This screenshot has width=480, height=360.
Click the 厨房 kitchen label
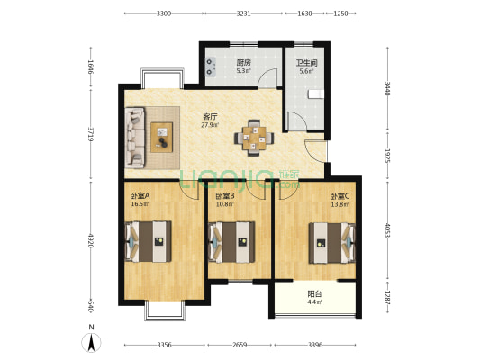coord(244,63)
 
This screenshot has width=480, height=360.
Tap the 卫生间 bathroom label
coord(306,63)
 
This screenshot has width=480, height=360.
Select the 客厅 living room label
coord(210,117)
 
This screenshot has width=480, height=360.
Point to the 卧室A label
coord(140,195)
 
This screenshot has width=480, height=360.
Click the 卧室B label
coord(225,195)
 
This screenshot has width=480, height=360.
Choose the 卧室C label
coord(340,195)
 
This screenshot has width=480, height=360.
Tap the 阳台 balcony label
coord(314,294)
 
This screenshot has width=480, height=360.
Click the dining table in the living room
coord(254,138)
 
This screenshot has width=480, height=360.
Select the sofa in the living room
coord(135,138)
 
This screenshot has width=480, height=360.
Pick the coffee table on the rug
coord(161,138)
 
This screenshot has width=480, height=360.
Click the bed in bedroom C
coord(332,243)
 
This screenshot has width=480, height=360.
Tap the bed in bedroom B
coord(231,242)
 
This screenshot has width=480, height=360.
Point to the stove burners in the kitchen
coord(210,67)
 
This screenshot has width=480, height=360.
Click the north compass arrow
coord(91,342)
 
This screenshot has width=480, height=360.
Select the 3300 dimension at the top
coord(164,13)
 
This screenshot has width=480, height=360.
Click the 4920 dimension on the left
coord(90,241)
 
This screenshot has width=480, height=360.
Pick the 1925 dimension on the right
coord(387,157)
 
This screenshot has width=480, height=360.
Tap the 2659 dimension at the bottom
coord(240,346)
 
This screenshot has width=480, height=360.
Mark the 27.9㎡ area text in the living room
coord(210,125)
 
